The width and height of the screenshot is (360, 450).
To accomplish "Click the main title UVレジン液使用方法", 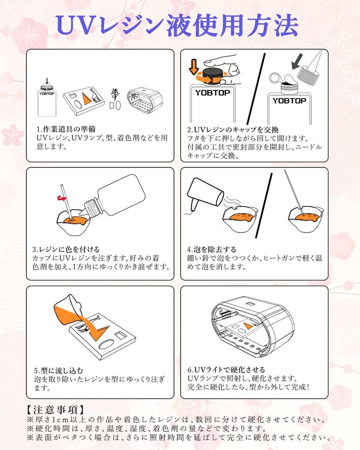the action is [x=177, y=25].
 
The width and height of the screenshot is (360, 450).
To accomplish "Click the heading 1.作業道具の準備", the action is [x=66, y=129].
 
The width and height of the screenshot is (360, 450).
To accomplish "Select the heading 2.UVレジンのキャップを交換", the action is [x=233, y=130].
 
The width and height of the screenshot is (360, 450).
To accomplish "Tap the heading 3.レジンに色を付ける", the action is [x=66, y=249].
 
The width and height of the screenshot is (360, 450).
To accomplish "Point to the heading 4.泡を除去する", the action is [x=211, y=249].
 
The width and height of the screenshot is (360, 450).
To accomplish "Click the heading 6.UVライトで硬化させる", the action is [x=226, y=370].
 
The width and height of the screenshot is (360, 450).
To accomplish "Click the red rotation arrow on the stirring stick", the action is [x=62, y=198].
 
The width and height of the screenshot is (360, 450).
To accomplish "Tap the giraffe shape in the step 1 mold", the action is [x=95, y=95].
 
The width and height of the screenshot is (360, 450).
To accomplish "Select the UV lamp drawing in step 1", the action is [x=145, y=100].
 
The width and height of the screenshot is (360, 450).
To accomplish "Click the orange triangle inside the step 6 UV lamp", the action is [x=248, y=326].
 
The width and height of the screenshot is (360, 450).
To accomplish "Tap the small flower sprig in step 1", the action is [x=115, y=94].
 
